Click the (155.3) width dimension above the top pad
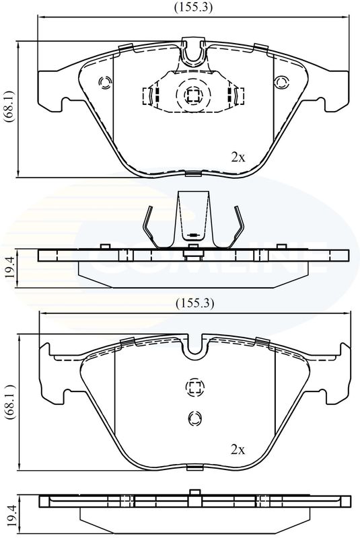click(x=193, y=7)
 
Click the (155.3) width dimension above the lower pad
click(x=194, y=303)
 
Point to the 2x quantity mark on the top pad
click(x=238, y=157)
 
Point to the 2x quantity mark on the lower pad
click(x=238, y=449)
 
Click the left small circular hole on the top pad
click(x=105, y=82)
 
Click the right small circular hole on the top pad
click(x=281, y=82)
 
